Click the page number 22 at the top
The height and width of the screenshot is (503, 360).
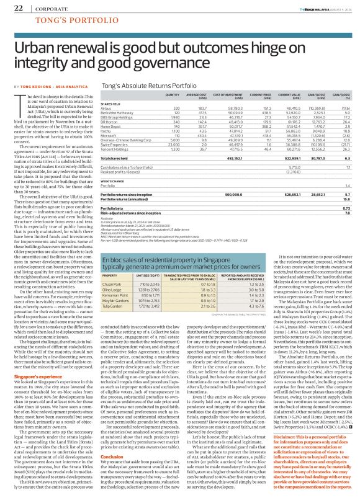[x=19, y=8]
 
